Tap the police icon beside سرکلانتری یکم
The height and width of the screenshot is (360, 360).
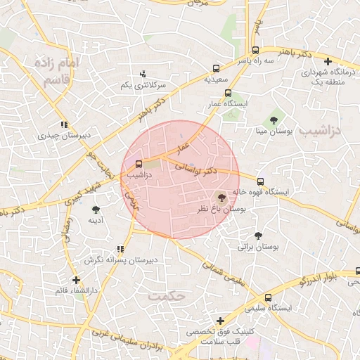143,73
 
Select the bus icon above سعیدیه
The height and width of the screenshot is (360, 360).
216,69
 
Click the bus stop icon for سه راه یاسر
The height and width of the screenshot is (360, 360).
255,50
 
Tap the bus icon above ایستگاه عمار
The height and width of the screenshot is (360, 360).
227,93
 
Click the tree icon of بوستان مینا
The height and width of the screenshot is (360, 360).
274,120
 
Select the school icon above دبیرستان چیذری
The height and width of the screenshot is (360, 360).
65,124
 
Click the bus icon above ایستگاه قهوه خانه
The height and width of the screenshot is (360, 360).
261,181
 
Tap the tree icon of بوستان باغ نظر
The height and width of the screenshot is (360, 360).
222,199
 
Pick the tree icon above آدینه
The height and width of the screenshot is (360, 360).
96,209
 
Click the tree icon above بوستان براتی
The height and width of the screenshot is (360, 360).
258,236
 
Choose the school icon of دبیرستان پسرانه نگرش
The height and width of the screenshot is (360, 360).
121,248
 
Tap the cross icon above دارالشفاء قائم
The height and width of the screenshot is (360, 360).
75,280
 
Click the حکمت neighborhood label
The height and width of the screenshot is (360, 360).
167,296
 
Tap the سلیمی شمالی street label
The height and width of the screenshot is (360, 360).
219,271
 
